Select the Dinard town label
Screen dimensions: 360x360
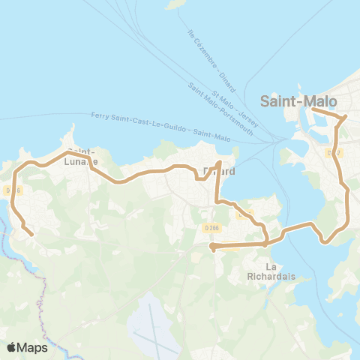(x=220, y=172)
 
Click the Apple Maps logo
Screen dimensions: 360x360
(x=27, y=347)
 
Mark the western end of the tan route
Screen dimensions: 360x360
(x=32, y=235)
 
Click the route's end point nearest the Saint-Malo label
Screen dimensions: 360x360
(x=312, y=110)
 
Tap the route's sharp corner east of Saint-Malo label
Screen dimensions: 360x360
(x=345, y=117)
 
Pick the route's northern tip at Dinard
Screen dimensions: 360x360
(x=219, y=162)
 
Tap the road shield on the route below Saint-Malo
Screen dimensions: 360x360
(x=334, y=153)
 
